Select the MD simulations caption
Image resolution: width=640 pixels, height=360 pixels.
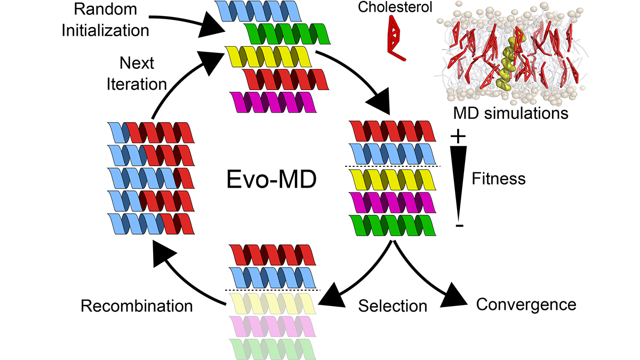tap(510, 113)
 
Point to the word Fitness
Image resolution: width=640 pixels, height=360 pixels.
tap(499, 178)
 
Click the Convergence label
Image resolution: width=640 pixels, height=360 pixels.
tap(526, 305)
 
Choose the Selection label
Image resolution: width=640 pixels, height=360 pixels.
tap(393, 306)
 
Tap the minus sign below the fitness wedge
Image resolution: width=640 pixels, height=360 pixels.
tap(459, 226)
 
